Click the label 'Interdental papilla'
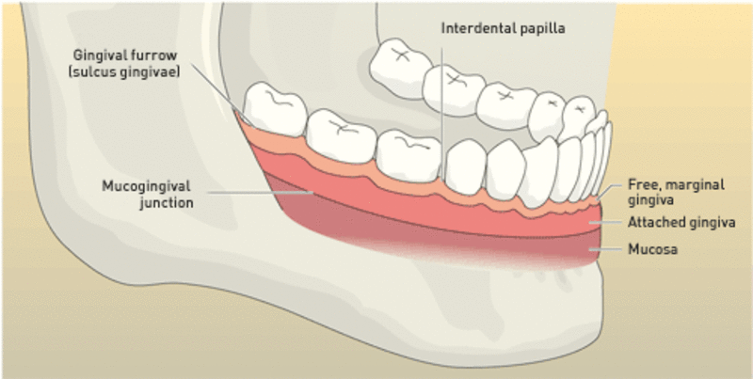(x=503, y=29)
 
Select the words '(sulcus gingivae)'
(x=124, y=72)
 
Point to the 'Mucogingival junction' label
(x=148, y=194)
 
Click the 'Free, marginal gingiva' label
(x=676, y=192)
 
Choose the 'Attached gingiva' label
(x=681, y=223)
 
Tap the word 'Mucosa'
(x=652, y=249)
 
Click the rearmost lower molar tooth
(x=275, y=108)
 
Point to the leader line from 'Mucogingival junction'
(x=261, y=193)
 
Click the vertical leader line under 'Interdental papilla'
(x=441, y=105)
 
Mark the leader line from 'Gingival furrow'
(x=220, y=93)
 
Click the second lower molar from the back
(x=341, y=135)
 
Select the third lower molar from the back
(x=409, y=155)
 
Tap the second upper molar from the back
(x=454, y=90)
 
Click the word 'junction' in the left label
(x=167, y=203)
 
